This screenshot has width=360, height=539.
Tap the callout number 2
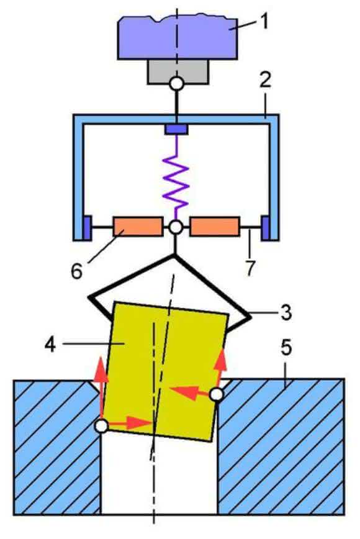(x=265, y=79)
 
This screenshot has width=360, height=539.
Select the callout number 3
(x=286, y=313)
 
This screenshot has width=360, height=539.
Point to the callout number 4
(x=50, y=344)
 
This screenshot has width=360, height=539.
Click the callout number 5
(x=287, y=348)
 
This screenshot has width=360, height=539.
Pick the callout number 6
(x=76, y=271)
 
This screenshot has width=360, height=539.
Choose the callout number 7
(x=250, y=268)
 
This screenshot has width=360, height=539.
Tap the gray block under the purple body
(x=178, y=71)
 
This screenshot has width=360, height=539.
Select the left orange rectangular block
(x=138, y=227)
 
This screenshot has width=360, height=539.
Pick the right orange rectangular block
(x=215, y=227)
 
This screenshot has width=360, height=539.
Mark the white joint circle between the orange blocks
(x=176, y=227)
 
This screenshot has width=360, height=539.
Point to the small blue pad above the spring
(x=176, y=129)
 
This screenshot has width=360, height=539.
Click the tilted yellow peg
(x=166, y=371)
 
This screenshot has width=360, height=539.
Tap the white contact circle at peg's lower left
(x=102, y=426)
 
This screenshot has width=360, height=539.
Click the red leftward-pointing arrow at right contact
(x=190, y=392)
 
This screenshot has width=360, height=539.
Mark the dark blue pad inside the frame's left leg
(x=88, y=227)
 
